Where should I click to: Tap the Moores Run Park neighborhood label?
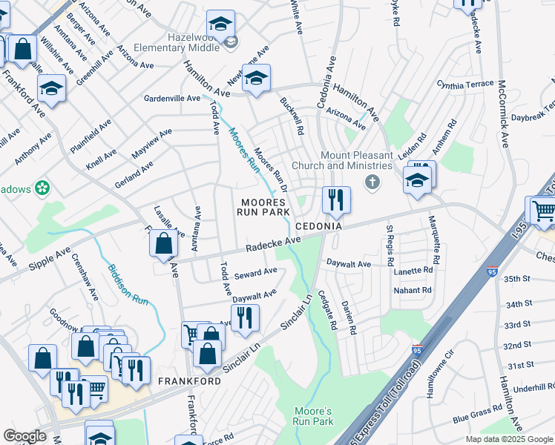[263, 207]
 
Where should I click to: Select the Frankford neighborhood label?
[189, 380]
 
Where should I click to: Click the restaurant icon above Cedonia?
[336, 199]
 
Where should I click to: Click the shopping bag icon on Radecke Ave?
[163, 243]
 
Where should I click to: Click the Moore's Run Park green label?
[313, 416]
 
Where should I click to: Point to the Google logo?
[24, 437]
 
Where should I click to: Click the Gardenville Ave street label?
[172, 98]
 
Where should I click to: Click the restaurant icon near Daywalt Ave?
[245, 317]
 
